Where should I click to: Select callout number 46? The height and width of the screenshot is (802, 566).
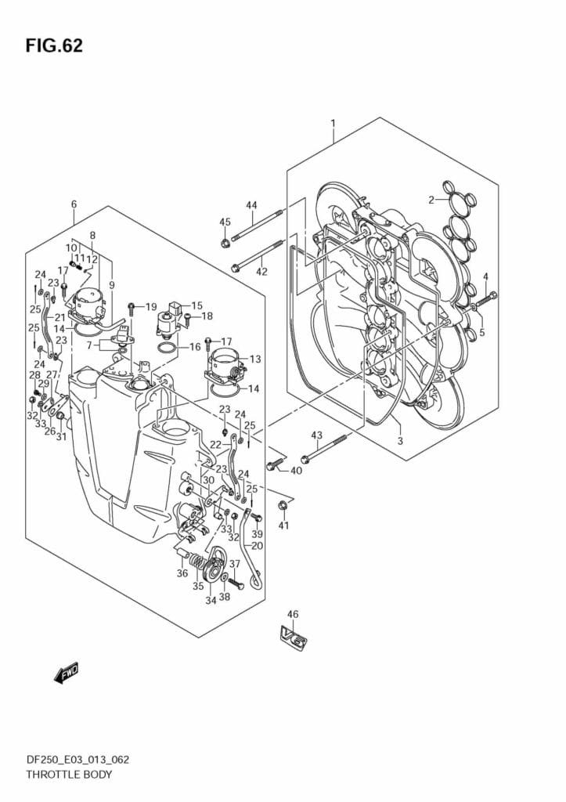(x=293, y=615)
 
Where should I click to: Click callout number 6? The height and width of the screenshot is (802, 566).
(x=74, y=204)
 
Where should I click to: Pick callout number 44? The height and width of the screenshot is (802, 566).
(x=251, y=205)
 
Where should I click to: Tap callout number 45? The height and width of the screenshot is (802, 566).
(x=225, y=222)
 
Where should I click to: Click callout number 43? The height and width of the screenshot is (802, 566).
(x=316, y=435)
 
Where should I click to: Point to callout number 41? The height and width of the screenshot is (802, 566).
(x=283, y=525)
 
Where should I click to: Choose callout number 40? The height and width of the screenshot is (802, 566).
(x=296, y=471)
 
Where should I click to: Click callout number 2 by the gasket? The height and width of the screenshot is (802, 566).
(x=431, y=200)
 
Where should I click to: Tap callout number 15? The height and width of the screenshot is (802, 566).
(x=196, y=306)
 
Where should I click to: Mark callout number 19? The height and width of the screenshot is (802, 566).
(x=151, y=306)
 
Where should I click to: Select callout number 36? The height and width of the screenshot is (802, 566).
(x=182, y=573)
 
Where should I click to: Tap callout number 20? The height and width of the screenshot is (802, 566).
(x=258, y=546)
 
